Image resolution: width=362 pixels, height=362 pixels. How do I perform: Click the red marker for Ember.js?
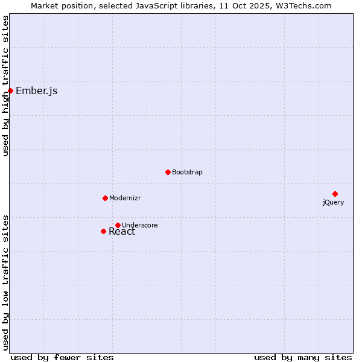coord(10,91)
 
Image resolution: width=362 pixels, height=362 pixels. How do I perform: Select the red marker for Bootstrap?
coord(168,172)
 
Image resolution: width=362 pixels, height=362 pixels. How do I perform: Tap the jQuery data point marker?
coord(335,194)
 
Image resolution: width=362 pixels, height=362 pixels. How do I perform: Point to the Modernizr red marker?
coord(105,198)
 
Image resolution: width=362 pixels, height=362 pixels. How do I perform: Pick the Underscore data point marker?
coord(118,225)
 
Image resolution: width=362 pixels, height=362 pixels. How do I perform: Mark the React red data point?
coord(103,231)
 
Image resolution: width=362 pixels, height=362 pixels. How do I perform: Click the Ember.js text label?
coord(37,91)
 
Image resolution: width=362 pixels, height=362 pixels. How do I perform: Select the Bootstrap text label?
coord(187,173)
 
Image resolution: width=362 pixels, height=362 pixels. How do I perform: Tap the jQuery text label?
coord(333,203)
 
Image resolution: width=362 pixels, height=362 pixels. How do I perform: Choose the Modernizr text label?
coord(125,198)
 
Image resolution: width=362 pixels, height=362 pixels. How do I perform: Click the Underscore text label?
coord(139,226)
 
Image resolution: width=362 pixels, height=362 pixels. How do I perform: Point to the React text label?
coord(122,232)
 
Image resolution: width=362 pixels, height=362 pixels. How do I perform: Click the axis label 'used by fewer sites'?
coord(62,357)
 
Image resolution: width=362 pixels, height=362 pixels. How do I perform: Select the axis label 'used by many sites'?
coord(303,357)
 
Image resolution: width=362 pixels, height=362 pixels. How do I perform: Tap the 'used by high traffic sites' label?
coord(5,86)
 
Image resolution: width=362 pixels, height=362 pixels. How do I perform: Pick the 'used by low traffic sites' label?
coord(5,282)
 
